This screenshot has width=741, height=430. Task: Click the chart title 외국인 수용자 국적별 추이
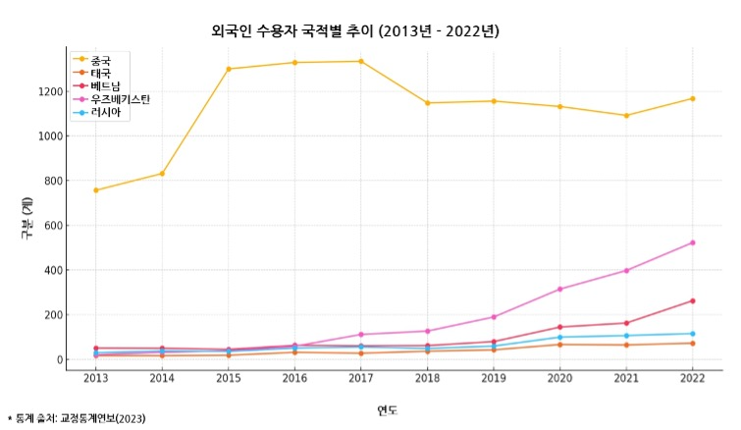pyautogui.click(x=355, y=31)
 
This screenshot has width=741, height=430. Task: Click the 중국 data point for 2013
pyautogui.click(x=96, y=190)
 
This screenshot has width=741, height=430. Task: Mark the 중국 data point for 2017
pyautogui.click(x=361, y=62)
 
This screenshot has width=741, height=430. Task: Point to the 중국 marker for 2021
pyautogui.click(x=626, y=116)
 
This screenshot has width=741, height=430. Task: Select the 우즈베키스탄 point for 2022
pyautogui.click(x=692, y=242)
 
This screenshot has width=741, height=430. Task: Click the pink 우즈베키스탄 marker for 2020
pyautogui.click(x=559, y=289)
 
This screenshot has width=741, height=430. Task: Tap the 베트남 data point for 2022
pyautogui.click(x=692, y=300)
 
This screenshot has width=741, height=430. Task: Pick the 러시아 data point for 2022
pyautogui.click(x=692, y=334)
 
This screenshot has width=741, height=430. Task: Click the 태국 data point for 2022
pyautogui.click(x=692, y=343)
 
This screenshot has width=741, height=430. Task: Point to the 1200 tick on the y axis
pyautogui.click(x=50, y=91)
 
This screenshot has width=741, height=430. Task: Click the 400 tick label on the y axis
pyautogui.click(x=54, y=270)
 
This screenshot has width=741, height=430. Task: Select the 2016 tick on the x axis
pyautogui.click(x=294, y=377)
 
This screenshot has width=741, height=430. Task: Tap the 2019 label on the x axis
pyautogui.click(x=494, y=377)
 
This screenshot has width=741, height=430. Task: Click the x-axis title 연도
pyautogui.click(x=388, y=409)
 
